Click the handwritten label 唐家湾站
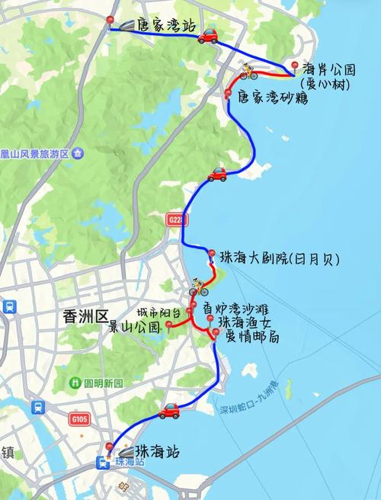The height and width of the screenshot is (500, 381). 167,25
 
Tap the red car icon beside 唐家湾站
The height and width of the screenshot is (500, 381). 207,35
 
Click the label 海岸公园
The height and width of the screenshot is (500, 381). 327,67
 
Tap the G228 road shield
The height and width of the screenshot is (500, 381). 174,220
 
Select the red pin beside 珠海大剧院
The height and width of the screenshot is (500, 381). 211,253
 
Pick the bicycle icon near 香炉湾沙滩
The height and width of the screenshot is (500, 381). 199,287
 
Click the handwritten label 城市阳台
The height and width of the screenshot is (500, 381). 159,312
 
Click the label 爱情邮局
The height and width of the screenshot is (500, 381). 251,336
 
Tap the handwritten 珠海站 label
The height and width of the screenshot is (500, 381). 155,450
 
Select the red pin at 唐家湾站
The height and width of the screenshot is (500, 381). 110,20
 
